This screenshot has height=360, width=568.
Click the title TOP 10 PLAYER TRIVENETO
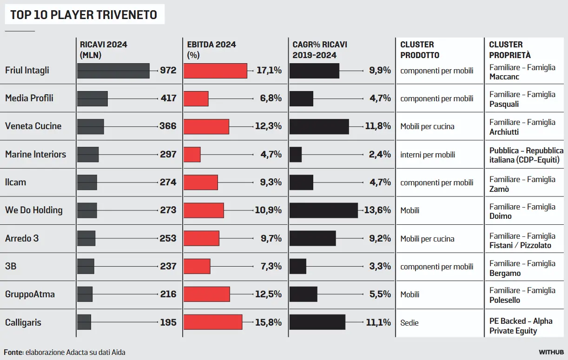click(84, 15)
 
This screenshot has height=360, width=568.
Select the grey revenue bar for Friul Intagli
click(113, 71)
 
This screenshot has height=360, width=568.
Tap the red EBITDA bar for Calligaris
click(213, 322)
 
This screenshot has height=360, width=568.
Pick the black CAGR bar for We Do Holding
click(324, 210)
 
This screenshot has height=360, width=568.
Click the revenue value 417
click(168, 98)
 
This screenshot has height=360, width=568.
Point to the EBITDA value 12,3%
click(268, 126)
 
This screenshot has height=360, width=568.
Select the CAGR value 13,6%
click(377, 210)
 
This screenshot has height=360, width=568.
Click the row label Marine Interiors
click(36, 154)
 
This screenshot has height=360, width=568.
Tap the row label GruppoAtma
click(30, 294)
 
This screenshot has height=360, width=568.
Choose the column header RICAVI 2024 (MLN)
click(103, 50)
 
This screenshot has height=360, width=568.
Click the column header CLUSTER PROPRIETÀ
click(509, 50)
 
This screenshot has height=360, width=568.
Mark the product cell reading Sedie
click(409, 322)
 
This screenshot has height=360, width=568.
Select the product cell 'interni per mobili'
click(428, 155)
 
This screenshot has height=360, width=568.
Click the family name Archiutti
click(504, 132)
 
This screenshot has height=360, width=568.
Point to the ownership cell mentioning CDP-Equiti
click(524, 160)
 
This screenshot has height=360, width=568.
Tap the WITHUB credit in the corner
click(551, 352)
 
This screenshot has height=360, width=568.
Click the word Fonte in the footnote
click(13, 352)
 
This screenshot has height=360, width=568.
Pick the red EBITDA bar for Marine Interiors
click(192, 155)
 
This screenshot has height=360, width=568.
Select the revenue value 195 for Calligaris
click(168, 322)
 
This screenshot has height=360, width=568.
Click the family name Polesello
click(505, 300)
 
